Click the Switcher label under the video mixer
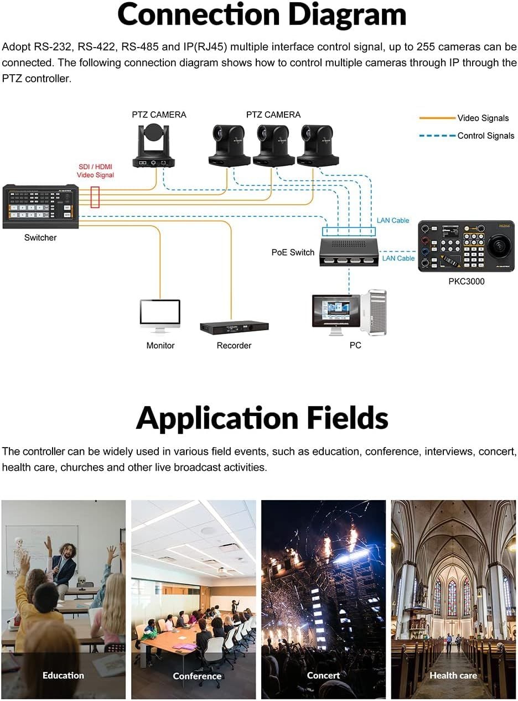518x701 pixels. click(x=40, y=237)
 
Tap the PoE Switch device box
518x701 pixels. click(x=349, y=251)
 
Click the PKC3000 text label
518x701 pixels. click(x=466, y=281)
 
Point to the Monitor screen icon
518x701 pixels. click(x=160, y=314)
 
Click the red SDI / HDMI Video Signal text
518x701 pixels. click(x=95, y=171)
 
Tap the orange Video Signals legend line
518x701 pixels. click(x=437, y=118)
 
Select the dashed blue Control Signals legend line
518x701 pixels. click(x=437, y=136)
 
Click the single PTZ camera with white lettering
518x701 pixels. click(x=153, y=146)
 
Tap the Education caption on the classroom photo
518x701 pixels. click(x=64, y=675)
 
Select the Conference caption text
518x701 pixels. click(x=197, y=676)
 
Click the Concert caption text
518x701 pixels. click(x=324, y=675)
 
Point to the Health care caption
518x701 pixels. click(x=453, y=675)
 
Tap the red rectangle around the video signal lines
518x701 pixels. click(x=95, y=197)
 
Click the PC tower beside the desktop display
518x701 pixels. click(x=374, y=312)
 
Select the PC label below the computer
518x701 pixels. click(x=355, y=345)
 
